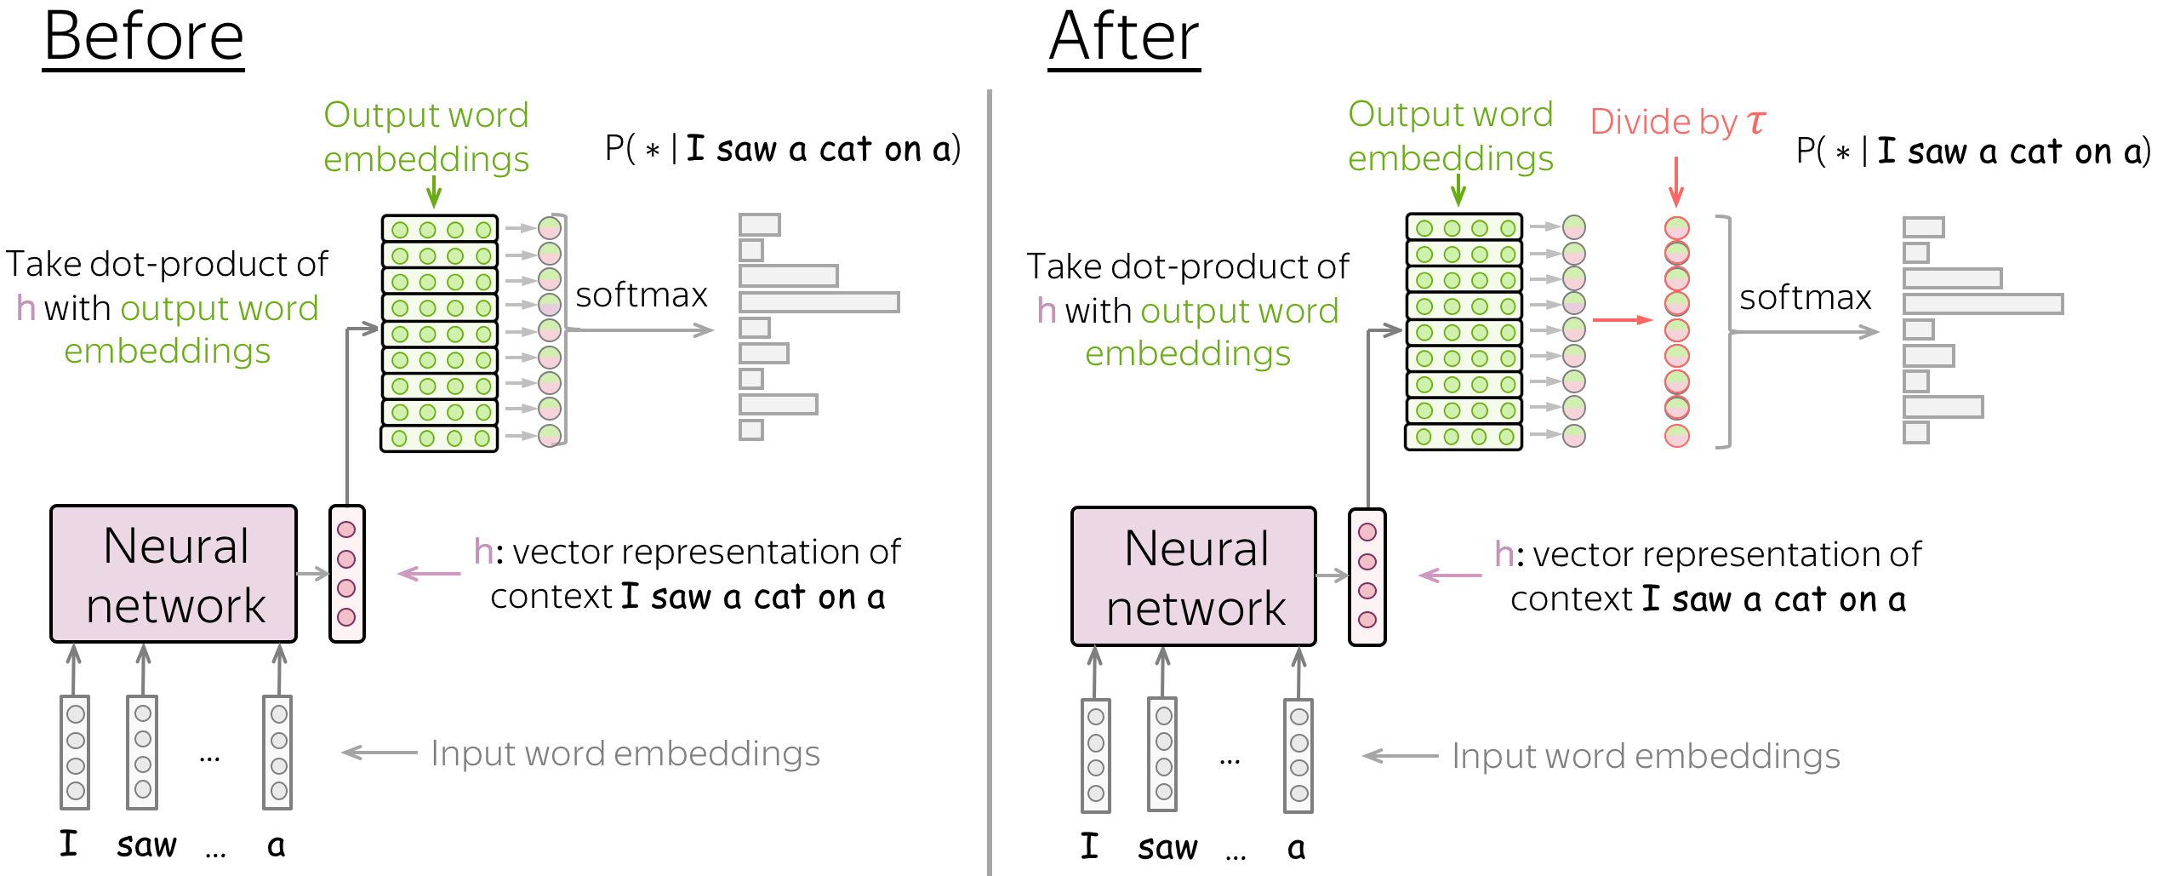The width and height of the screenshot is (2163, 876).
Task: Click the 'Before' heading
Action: pos(144,37)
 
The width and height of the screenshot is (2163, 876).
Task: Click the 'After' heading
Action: pos(1123,37)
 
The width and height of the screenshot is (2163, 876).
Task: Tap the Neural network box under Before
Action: pos(174,574)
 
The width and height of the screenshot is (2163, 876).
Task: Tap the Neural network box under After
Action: pos(1194,576)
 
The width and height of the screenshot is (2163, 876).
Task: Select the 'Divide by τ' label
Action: pos(1677,123)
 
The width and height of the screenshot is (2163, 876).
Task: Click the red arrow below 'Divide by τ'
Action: pos(1676,181)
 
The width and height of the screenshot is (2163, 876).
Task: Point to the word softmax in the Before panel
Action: pos(641,295)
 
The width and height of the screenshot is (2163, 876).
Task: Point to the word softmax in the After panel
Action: pos(1805,298)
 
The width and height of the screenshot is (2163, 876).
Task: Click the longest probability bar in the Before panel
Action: pos(819,302)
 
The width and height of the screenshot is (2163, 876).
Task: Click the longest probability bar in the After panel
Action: pos(1983,304)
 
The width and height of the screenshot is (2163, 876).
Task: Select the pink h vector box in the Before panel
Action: pos(347,574)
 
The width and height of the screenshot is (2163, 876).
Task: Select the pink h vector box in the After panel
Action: pos(1367,577)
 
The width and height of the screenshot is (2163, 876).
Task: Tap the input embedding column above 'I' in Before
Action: pos(75,753)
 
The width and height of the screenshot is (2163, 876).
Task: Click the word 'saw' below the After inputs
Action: pos(1167,848)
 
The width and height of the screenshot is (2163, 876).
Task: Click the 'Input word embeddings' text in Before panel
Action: pos(625,753)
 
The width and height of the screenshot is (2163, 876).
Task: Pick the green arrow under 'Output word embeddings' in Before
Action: pos(434,192)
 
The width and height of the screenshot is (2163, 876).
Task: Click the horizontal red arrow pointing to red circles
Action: pos(1621,320)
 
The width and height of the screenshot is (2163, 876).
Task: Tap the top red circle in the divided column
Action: pos(1676,228)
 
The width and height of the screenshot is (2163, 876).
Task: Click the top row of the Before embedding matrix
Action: pos(439,229)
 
